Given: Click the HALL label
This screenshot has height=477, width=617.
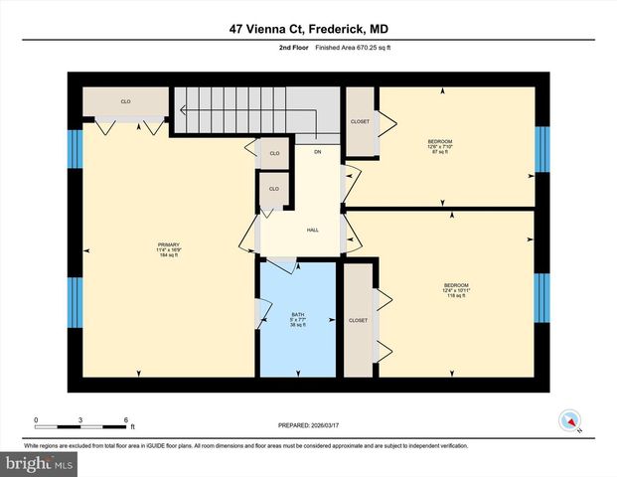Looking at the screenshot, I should pyautogui.click(x=312, y=230).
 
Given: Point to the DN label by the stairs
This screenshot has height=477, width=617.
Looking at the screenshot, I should pyautogui.click(x=317, y=152).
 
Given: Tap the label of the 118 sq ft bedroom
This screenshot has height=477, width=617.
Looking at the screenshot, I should pyautogui.click(x=455, y=290).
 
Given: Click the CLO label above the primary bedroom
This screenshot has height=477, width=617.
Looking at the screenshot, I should pyautogui.click(x=126, y=101).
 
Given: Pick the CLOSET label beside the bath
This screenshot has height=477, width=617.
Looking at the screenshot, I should pyautogui.click(x=358, y=320).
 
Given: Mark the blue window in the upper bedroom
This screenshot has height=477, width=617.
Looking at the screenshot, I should pyautogui.click(x=542, y=150).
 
